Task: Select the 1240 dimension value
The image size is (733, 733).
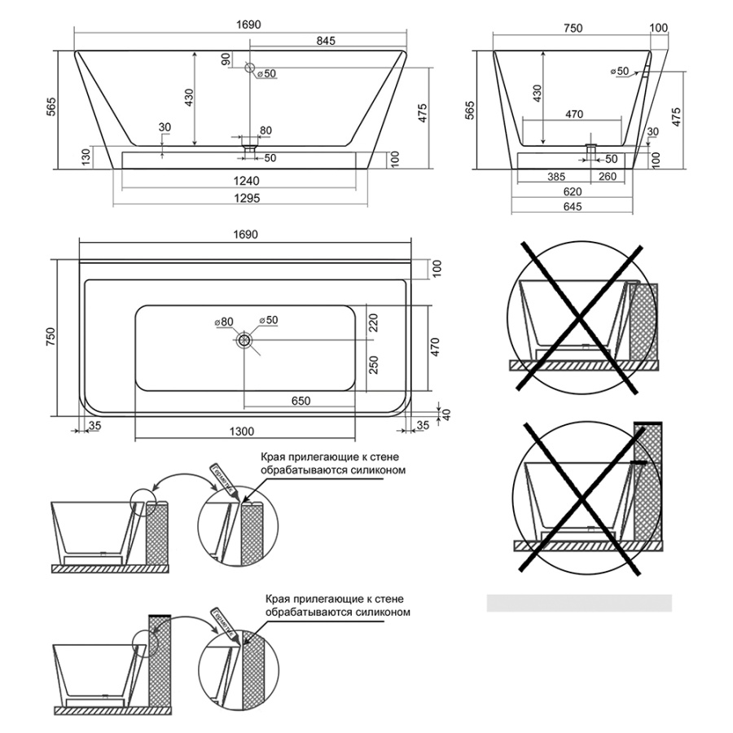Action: (242, 181)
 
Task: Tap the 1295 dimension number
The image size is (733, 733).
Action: (242, 199)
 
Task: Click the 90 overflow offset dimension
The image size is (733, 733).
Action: (226, 59)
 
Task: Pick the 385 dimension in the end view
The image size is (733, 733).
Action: (555, 176)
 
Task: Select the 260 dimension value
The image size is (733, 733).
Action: (607, 176)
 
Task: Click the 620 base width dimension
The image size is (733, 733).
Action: (573, 191)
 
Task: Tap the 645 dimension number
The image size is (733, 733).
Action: (573, 208)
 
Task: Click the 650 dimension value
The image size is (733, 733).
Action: (301, 401)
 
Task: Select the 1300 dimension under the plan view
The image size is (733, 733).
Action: (243, 432)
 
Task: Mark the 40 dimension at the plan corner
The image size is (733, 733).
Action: (446, 415)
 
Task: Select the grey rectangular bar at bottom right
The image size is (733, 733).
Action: (579, 603)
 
